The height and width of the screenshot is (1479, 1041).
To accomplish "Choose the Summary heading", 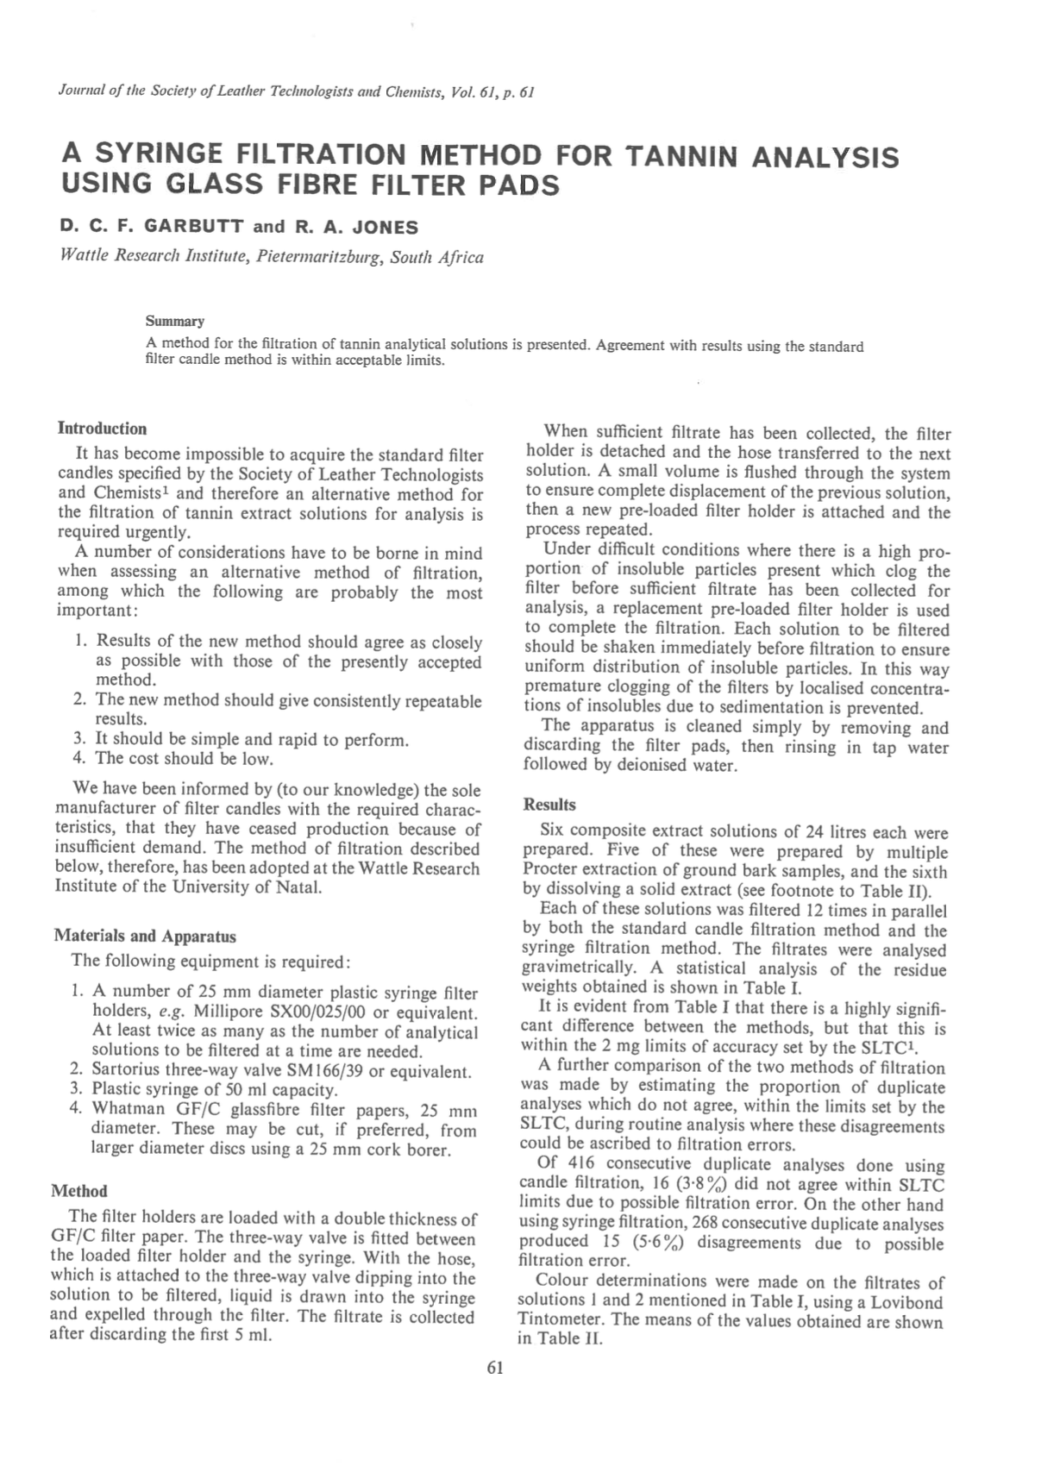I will [x=175, y=322].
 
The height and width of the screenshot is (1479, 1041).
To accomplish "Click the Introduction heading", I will [x=102, y=429].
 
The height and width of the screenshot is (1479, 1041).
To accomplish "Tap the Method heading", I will [x=79, y=1191].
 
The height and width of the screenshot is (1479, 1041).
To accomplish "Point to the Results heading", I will [x=549, y=805].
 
